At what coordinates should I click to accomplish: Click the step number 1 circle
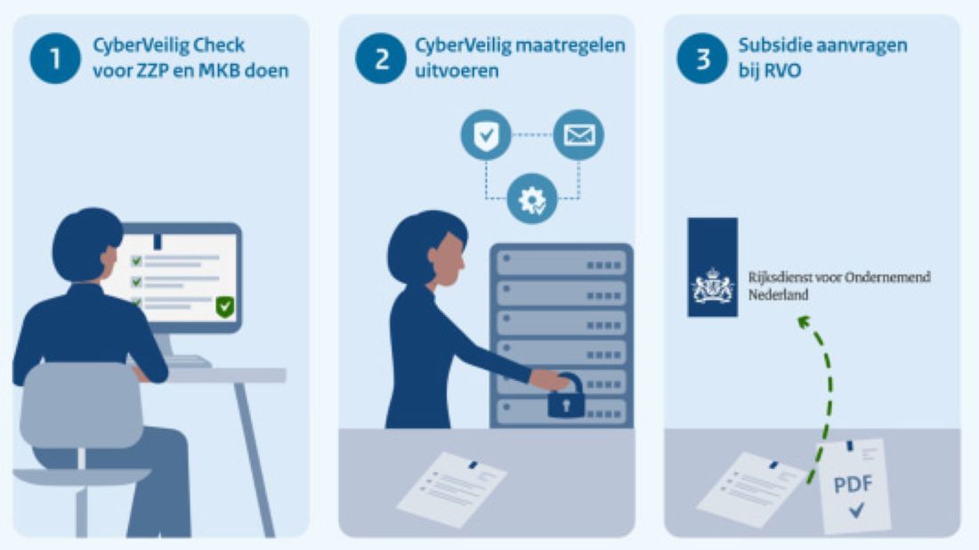pyautogui.click(x=55, y=58)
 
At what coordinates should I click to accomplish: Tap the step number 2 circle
pyautogui.click(x=381, y=58)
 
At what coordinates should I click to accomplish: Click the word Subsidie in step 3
pyautogui.click(x=769, y=45)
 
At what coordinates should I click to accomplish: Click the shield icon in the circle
pyautogui.click(x=486, y=135)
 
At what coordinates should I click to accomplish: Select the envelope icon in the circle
pyautogui.click(x=578, y=135)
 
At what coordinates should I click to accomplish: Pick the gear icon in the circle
pyautogui.click(x=532, y=199)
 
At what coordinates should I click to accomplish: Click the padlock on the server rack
pyautogui.click(x=566, y=397)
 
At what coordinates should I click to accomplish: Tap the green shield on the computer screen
pyautogui.click(x=225, y=307)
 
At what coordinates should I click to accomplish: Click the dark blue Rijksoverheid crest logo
pyautogui.click(x=712, y=267)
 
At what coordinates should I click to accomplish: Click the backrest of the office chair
pyautogui.click(x=82, y=405)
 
